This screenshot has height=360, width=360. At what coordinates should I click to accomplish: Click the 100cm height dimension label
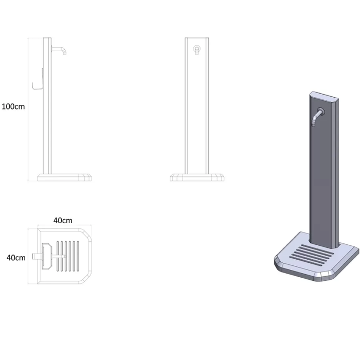(x=13, y=107)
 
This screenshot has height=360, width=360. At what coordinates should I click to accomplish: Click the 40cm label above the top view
(x=63, y=221)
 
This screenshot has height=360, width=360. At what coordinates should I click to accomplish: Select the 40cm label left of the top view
(x=16, y=258)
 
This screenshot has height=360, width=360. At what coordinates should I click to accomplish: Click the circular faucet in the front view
(x=196, y=49)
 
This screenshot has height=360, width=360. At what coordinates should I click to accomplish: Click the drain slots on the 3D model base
(x=312, y=255)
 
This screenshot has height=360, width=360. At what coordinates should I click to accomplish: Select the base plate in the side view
(x=64, y=177)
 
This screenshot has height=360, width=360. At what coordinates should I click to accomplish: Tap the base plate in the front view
(x=197, y=177)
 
